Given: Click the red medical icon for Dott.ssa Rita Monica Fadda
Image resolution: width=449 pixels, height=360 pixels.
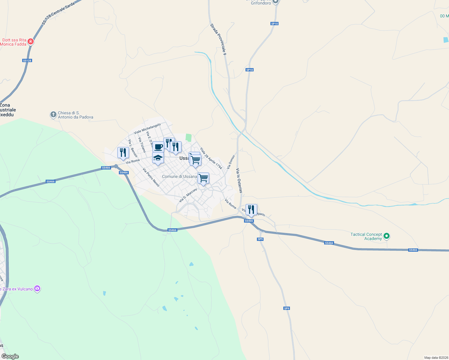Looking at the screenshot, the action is [30, 42].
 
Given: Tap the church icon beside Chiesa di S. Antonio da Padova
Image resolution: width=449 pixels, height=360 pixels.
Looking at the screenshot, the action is [53, 114].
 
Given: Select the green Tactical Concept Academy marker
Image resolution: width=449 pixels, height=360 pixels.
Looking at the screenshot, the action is [387, 236].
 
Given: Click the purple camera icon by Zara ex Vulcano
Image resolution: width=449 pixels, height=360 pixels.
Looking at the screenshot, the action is [37, 289].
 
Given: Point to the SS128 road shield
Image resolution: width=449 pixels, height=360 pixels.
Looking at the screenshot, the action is [27, 61].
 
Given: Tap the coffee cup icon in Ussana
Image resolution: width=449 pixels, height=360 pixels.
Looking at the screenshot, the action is [158, 147].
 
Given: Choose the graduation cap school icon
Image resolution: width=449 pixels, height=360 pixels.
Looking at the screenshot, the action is [158, 158].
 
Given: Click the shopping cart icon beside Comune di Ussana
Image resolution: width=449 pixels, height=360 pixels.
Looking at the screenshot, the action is [203, 178].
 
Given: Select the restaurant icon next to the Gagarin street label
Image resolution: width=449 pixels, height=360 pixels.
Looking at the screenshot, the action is [251, 209].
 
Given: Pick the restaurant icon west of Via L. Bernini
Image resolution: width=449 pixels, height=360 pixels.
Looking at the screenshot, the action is [123, 152].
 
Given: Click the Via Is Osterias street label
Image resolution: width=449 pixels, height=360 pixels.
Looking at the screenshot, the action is [239, 180].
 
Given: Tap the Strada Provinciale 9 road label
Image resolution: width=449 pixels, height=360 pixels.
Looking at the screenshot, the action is [218, 39].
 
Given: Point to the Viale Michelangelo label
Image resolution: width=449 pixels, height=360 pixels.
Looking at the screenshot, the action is [147, 128].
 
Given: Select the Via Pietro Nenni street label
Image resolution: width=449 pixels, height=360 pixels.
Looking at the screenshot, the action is [151, 177].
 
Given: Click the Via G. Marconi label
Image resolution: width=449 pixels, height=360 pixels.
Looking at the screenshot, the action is [188, 195].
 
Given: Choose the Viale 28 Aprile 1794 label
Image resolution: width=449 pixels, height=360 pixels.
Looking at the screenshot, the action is [211, 158].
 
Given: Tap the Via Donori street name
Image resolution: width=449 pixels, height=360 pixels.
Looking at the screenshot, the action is [231, 162].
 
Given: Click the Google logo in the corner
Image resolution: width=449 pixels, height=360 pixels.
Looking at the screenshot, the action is [10, 356].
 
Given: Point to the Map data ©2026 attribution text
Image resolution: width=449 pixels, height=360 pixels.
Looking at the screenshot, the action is [436, 358].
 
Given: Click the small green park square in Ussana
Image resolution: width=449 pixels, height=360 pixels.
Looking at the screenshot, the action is [188, 138].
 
